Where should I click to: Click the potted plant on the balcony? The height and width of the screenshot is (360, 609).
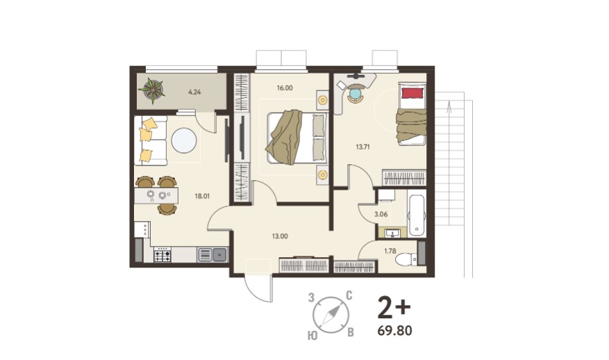tap(152, 90)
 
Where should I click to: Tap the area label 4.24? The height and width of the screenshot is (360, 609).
tap(194, 92)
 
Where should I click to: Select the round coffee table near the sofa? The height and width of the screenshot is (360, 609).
tap(184, 141)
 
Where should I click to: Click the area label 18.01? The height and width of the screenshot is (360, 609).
tap(202, 196)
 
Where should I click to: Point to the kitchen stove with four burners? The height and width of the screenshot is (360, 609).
tap(162, 254)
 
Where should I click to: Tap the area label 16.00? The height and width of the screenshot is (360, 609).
tap(285, 88)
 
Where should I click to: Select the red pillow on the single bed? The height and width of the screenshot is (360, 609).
tap(412, 93)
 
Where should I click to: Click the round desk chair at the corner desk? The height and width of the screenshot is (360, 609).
tap(356, 95)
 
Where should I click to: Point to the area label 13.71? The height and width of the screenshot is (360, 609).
tap(362, 147)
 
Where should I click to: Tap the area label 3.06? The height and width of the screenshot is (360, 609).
tap(381, 214)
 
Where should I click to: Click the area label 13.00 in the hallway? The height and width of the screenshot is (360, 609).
tap(280, 236)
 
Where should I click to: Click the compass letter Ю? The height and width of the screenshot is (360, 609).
tap(312, 336)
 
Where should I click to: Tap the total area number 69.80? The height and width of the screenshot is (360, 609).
tap(394, 331)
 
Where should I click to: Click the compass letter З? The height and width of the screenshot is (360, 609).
tap(310, 298)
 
